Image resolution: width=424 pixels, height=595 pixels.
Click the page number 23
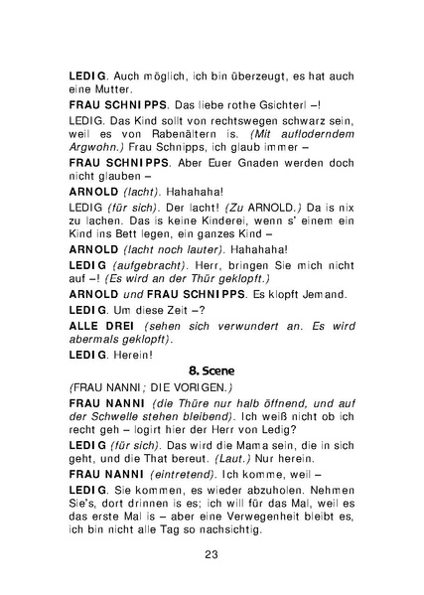[x=212, y=555]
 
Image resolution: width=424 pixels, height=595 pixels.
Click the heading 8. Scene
[x=212, y=369]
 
